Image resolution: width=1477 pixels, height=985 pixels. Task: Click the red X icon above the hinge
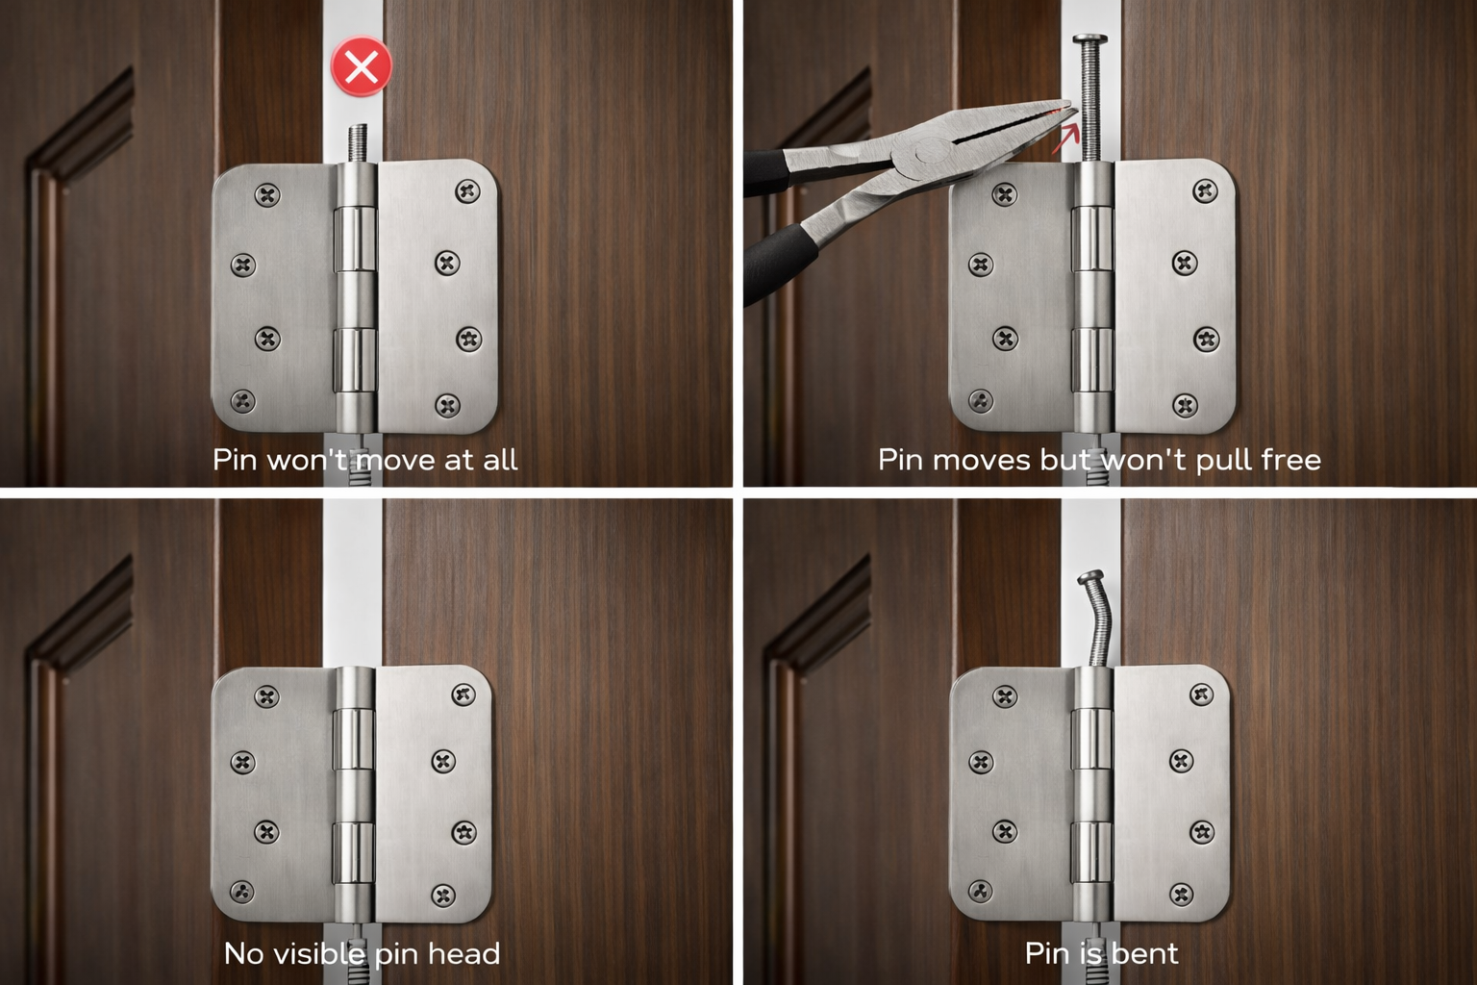click(x=362, y=67)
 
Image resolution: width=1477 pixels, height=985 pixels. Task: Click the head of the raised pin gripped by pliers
click(x=1091, y=40)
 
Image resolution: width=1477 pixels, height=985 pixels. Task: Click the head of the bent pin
click(x=1094, y=579)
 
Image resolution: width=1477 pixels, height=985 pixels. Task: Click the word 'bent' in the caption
click(x=1143, y=953)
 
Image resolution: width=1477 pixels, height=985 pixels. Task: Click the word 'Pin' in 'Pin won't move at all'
click(x=235, y=460)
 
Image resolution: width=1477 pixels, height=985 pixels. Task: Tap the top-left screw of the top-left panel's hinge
click(x=267, y=196)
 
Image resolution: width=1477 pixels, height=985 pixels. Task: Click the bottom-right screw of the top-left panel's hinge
click(x=447, y=404)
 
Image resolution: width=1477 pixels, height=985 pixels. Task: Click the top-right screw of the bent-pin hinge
click(x=1201, y=694)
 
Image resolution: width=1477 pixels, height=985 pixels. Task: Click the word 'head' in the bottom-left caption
click(x=465, y=953)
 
